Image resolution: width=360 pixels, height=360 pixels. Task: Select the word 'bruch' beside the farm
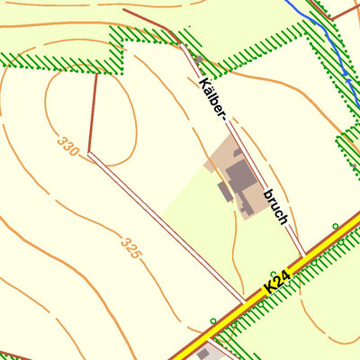[275, 206]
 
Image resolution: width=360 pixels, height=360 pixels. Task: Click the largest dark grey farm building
[240, 175]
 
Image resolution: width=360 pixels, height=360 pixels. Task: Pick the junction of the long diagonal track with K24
[245, 301]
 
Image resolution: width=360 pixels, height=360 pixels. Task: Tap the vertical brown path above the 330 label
[93, 112]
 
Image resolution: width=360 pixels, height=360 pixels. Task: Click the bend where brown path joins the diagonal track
[89, 154]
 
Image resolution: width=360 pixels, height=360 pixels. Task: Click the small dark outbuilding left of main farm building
[224, 192]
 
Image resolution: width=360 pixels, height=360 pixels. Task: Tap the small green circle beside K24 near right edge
[335, 226]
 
